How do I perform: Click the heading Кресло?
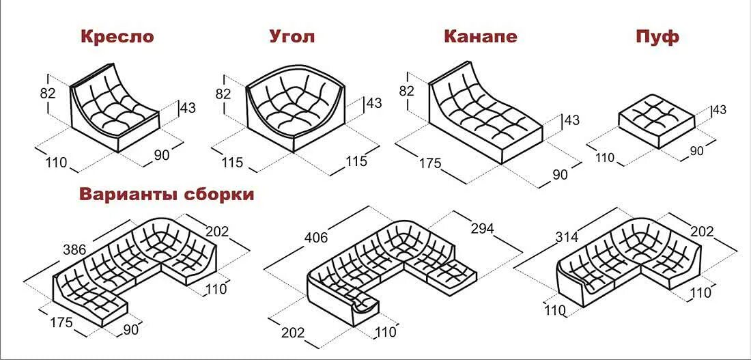tap(117, 37)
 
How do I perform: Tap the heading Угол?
tap(292, 37)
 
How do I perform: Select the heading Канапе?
tap(480, 37)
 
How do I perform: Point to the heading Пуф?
tap(656, 37)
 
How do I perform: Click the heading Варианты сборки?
tap(167, 195)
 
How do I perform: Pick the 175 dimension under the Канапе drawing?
tap(431, 164)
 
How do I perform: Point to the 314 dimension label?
tap(567, 237)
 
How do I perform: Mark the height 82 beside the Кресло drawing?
tap(48, 94)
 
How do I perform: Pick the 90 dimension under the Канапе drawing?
tap(560, 175)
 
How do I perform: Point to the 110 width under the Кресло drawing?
tap(57, 163)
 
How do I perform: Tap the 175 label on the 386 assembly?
tap(61, 322)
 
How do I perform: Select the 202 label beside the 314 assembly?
tap(701, 232)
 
